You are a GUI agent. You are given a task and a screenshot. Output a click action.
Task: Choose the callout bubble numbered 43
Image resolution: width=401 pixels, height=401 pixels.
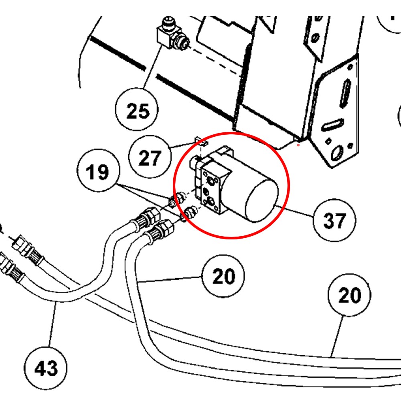pos(46,367)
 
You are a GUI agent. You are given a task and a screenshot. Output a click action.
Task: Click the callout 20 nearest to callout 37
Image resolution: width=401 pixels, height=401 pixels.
pos(223,277)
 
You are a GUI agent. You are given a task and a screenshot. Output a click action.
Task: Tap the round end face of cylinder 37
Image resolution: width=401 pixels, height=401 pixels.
pos(262,200)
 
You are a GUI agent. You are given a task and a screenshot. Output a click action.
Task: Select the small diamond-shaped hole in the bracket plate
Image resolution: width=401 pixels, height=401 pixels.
pos(328,141)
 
